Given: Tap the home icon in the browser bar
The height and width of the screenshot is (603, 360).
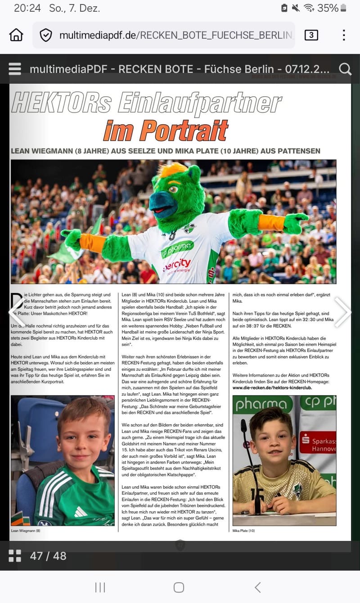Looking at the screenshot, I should pos(16,35).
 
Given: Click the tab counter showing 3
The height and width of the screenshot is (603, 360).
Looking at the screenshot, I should pos(311,35).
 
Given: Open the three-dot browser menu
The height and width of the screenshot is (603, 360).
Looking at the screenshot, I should pos(344,35).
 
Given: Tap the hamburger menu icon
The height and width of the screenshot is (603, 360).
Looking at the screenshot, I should pos(15,69).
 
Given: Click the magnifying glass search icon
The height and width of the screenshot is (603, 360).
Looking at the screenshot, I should pos(345,69).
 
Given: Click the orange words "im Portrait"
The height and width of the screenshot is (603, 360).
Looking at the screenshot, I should pos(166,130).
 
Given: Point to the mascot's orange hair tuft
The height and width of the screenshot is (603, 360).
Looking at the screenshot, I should pos(172,170).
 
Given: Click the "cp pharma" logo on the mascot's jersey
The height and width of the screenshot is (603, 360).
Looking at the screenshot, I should pos(177,248).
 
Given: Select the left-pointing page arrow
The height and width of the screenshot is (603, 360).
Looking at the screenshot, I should pos(16,312).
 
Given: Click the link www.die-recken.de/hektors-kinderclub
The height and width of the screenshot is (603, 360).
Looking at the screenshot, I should pos(272,387).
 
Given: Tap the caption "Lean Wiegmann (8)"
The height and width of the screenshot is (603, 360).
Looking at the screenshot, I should pos(26,531).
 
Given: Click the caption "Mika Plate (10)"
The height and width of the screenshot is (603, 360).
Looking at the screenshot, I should pos(243,531).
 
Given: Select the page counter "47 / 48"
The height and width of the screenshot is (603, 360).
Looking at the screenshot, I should pos(48,556).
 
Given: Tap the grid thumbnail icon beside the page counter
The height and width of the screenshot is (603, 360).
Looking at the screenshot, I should pos(15,556).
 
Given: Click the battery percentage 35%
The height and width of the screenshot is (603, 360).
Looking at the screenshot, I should pos(328,8).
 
